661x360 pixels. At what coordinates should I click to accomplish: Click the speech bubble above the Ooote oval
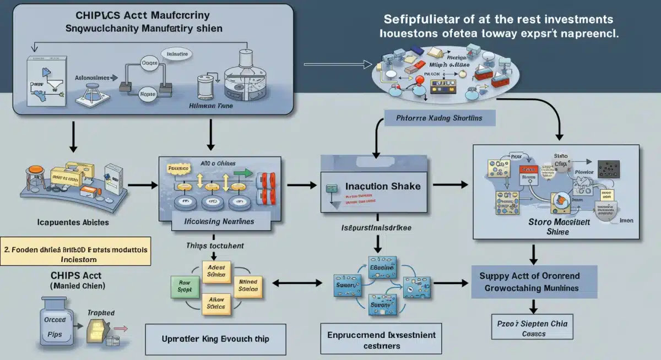click(x=177, y=54)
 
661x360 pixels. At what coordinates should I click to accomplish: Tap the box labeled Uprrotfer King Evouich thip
click(x=215, y=338)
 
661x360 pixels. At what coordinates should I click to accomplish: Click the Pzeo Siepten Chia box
click(x=532, y=329)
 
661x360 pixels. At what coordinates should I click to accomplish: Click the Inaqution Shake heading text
click(x=383, y=186)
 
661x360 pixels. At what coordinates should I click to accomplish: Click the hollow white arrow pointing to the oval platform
click(x=336, y=64)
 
